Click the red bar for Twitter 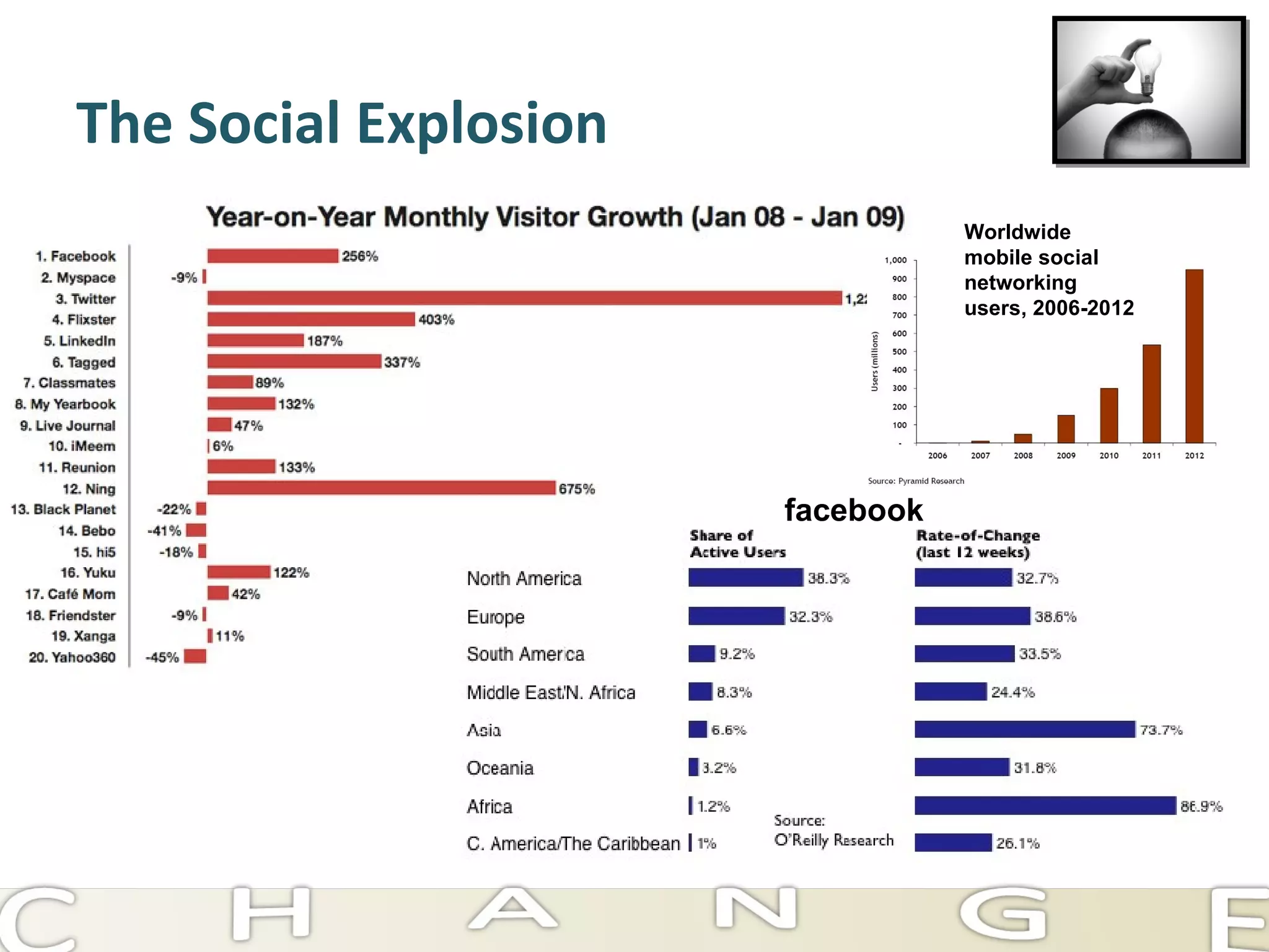tap(524, 298)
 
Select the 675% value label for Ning tap(576, 489)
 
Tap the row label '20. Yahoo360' tap(72, 657)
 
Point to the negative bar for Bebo tap(196, 530)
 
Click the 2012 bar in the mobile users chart tap(1194, 356)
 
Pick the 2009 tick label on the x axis tap(1066, 456)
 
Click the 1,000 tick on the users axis tap(895, 260)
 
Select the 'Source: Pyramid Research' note tap(916, 481)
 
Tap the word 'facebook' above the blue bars tap(853, 510)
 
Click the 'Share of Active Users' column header tap(737, 544)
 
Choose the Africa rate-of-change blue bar tap(1045, 806)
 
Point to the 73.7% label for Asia tap(1161, 730)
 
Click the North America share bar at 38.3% tap(745, 578)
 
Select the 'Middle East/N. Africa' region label tap(551, 692)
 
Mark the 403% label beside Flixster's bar tap(436, 320)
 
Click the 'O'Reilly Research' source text tap(833, 840)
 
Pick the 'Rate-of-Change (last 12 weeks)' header tap(977, 544)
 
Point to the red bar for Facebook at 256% tap(273, 256)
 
